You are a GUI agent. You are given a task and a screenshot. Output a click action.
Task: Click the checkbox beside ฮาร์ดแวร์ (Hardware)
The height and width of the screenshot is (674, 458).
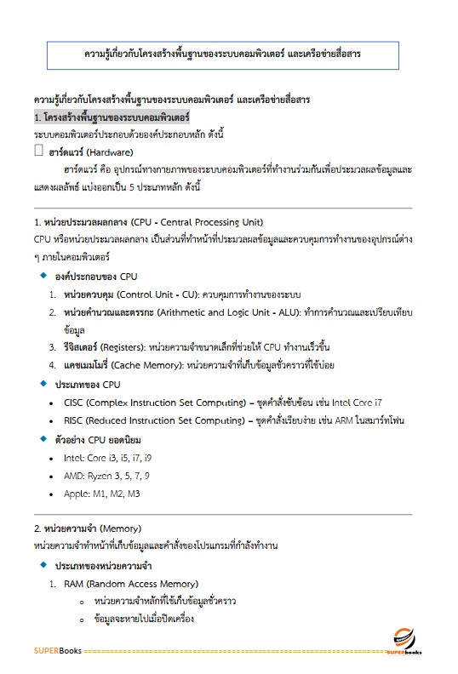click(38, 150)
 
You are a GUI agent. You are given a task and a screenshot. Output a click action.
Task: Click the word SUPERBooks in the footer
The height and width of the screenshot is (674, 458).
click(58, 651)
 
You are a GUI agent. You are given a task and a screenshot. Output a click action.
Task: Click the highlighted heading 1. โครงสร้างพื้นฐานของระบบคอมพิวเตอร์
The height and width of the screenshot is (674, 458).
click(112, 116)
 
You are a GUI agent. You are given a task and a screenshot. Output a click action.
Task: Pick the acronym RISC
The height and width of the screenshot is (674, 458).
click(73, 420)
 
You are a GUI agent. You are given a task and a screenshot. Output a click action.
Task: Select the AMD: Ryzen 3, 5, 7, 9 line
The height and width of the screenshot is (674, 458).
click(106, 476)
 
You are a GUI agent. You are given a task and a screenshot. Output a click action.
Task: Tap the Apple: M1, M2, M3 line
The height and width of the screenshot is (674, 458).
click(102, 494)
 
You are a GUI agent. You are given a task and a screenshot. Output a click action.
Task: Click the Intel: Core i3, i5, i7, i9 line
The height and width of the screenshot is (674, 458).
click(108, 458)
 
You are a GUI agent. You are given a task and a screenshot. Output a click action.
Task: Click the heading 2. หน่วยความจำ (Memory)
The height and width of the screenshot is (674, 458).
click(88, 528)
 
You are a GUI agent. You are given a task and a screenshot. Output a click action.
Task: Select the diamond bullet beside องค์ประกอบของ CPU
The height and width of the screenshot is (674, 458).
click(43, 277)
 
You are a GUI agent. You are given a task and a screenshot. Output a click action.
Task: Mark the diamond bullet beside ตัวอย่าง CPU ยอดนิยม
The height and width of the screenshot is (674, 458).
click(43, 439)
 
